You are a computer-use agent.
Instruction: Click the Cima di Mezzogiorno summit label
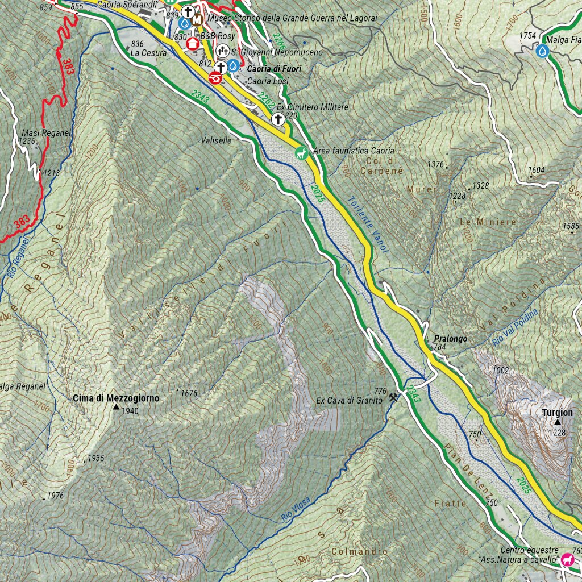tap(116, 398)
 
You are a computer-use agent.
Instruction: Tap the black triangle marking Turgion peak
tap(558, 422)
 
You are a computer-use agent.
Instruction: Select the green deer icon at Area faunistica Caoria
tap(300, 152)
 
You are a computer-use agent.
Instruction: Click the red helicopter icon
tap(215, 78)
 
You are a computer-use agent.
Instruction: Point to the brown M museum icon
tap(197, 20)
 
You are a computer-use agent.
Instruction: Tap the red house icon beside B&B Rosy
tap(192, 42)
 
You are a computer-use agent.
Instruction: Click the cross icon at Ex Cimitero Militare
tap(278, 119)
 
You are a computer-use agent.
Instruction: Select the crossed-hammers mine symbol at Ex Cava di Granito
tap(393, 398)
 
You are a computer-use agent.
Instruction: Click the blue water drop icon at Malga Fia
tap(543, 52)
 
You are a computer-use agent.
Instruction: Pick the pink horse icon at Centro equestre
tap(567, 560)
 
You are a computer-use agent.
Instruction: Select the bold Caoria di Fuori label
tap(273, 69)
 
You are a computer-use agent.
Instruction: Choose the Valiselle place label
tap(217, 140)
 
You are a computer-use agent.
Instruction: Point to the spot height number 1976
tap(56, 496)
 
